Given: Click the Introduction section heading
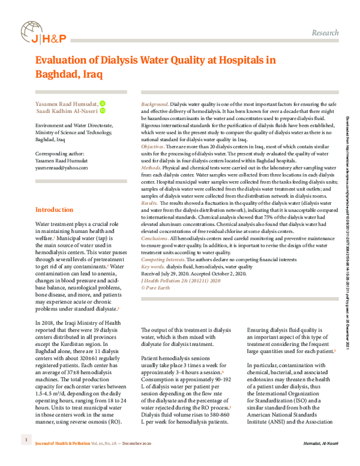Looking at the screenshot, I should pos(55,193).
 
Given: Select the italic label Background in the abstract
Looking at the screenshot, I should pos(154,104).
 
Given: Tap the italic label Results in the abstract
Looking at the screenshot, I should pos(149,203).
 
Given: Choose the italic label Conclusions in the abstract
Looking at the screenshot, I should pos(155,238).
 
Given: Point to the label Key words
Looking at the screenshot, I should pos(152,266).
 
